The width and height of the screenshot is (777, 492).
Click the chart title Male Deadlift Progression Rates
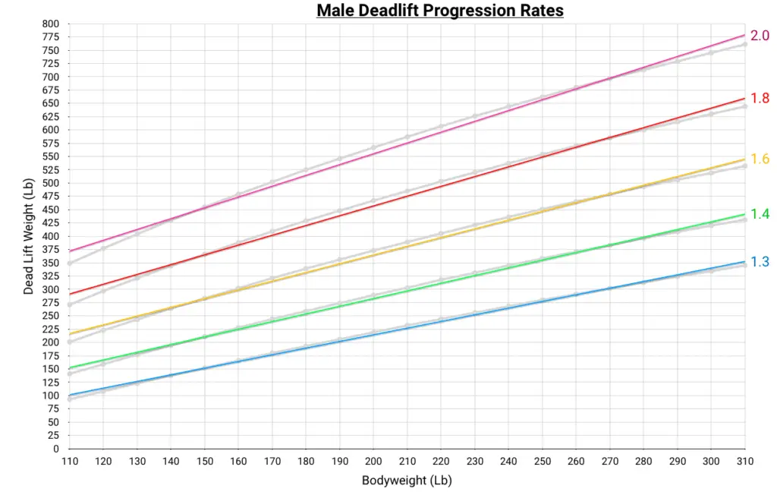[439, 11]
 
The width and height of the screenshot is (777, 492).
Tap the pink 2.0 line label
[760, 36]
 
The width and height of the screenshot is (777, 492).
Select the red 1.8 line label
[760, 98]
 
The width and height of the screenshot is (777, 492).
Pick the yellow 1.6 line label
[760, 159]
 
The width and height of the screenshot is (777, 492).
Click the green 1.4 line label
[760, 214]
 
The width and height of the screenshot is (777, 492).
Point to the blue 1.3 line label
[760, 262]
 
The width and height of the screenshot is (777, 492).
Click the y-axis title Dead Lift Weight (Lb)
[28, 236]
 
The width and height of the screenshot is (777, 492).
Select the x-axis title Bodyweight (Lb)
[407, 480]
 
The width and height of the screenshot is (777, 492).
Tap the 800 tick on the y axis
[50, 24]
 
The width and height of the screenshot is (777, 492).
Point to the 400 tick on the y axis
[50, 236]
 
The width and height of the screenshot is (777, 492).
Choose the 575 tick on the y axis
[50, 143]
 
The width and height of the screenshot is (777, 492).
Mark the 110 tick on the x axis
[69, 461]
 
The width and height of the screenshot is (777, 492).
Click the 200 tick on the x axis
[373, 461]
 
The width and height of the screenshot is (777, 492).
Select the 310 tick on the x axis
[744, 461]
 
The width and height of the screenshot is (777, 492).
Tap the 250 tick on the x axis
[542, 461]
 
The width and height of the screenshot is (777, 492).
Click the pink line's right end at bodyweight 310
[744, 35]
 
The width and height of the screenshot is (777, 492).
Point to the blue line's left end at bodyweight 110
[70, 396]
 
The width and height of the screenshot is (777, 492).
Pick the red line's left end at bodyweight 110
[70, 294]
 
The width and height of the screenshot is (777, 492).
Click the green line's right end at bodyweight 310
[744, 214]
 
